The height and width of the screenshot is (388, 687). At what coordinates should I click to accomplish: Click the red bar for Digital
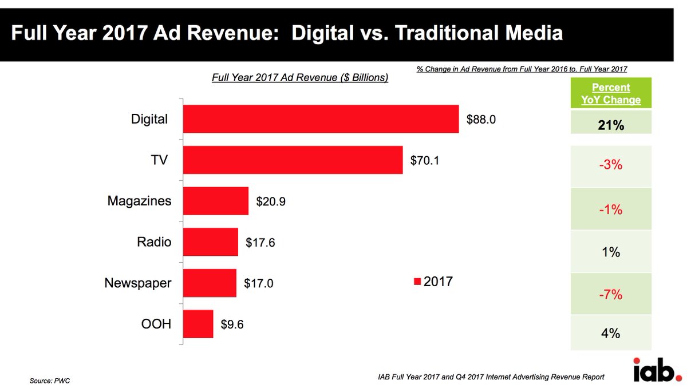tap(321, 119)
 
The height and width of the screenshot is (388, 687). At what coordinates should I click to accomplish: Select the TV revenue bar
tap(293, 160)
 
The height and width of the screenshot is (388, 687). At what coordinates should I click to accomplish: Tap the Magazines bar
tap(215, 201)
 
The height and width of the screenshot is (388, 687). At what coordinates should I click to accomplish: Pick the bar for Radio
tap(210, 241)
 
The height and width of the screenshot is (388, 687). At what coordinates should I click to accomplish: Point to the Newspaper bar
tap(210, 283)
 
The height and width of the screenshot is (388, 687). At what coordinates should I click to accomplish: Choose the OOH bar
tap(198, 324)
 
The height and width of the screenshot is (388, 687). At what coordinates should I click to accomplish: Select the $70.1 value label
tap(425, 160)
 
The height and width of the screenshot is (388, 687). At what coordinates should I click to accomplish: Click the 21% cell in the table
tap(611, 124)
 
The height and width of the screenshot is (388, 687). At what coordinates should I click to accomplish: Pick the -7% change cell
tap(611, 295)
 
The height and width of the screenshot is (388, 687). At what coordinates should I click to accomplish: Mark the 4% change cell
tap(611, 333)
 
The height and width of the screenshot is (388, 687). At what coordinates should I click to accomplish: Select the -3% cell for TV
tap(611, 166)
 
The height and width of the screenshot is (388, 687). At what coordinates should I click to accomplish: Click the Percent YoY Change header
tap(611, 94)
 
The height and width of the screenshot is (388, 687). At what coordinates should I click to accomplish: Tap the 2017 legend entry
tap(433, 282)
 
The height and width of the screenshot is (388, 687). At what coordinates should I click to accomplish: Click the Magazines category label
tap(139, 201)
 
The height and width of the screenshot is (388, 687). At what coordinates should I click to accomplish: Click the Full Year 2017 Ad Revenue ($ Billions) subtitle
tap(300, 77)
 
